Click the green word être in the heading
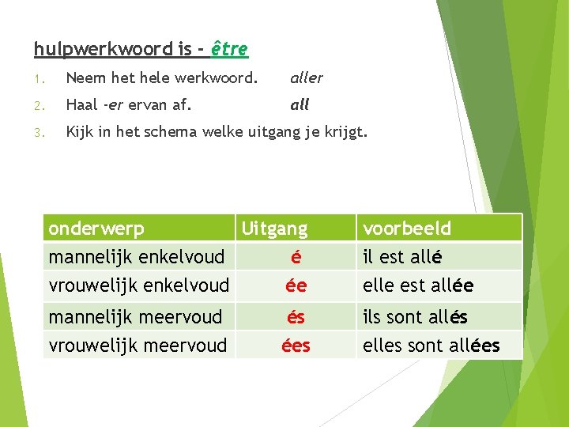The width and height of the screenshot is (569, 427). [x=229, y=49]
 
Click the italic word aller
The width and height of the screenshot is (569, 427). [x=307, y=77]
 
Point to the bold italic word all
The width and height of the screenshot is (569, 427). [x=300, y=104]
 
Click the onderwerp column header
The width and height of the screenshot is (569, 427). [x=96, y=229]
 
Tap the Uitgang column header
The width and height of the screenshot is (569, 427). [x=274, y=229]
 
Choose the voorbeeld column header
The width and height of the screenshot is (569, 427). [x=406, y=229]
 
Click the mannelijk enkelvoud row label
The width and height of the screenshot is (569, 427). [x=136, y=256]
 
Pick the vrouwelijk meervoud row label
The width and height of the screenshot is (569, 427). [x=138, y=345]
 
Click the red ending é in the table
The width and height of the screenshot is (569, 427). [x=296, y=257]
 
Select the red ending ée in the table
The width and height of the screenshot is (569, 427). [x=296, y=285]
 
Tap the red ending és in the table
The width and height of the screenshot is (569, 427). [x=296, y=317]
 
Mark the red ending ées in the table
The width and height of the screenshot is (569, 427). [x=296, y=345]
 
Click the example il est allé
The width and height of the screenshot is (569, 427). [x=402, y=257]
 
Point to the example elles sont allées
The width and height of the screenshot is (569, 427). [x=431, y=345]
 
